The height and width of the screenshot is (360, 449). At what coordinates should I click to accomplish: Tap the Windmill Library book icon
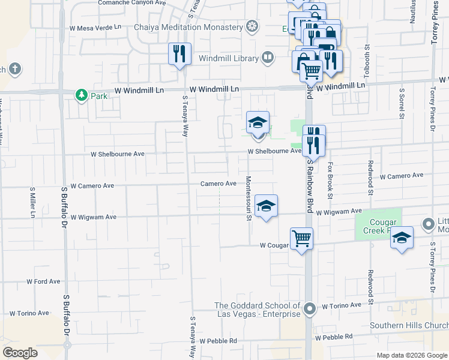268,58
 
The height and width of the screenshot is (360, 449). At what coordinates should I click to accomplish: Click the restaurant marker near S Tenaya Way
179,55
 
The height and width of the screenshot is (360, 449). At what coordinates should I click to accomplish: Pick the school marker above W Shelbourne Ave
258,123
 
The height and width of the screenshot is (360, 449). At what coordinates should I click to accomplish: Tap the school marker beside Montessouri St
265,206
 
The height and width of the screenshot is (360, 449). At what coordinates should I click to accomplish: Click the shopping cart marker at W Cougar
301,239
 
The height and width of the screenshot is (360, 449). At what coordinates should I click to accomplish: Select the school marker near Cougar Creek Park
402,238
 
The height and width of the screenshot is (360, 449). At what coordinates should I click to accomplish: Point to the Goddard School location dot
310,310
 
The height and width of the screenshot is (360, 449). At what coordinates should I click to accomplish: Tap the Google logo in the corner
20,353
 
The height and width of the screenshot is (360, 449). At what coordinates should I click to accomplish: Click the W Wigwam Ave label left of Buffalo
93,217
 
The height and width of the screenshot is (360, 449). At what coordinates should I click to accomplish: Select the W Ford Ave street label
43,281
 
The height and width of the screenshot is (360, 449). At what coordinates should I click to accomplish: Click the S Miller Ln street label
32,203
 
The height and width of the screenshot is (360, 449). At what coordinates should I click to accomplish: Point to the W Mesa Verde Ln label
95,28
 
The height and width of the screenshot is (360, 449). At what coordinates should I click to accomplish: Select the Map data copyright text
411,355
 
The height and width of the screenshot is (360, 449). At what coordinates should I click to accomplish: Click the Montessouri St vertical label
249,199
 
